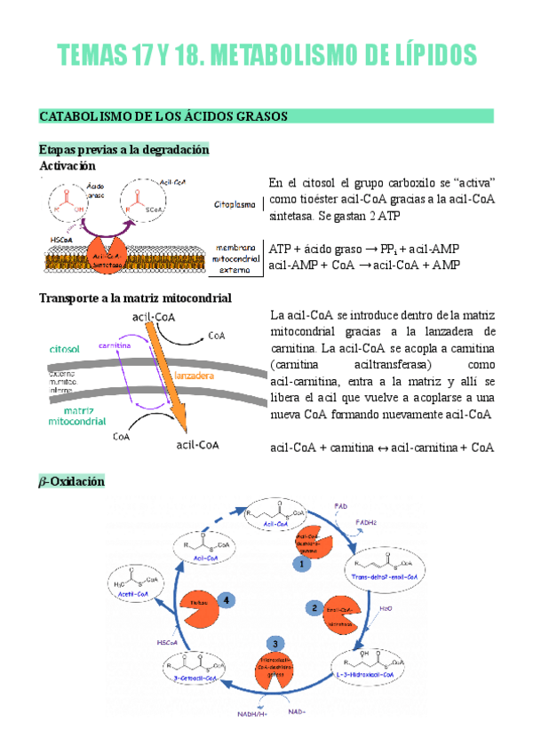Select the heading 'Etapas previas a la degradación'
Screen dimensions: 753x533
pyautogui.click(x=123, y=149)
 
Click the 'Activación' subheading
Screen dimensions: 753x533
pyautogui.click(x=81, y=165)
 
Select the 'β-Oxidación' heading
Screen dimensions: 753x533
pyautogui.click(x=73, y=480)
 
